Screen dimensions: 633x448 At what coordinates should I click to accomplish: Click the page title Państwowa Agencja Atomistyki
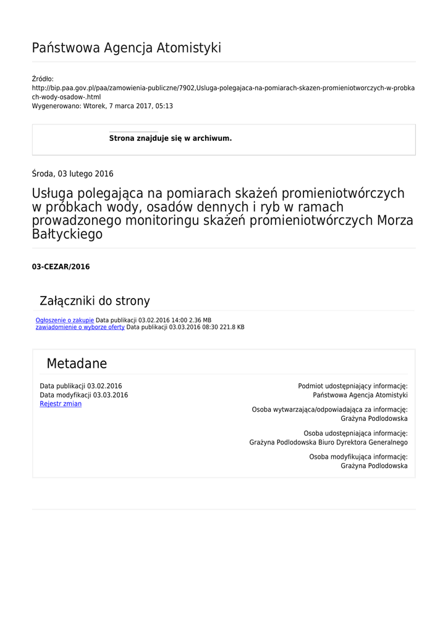tap(126, 48)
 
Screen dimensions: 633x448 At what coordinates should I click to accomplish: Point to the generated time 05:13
tap(164, 106)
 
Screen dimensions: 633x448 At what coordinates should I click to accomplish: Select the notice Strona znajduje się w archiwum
tap(171, 138)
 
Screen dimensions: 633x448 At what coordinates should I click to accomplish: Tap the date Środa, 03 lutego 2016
tap(72, 174)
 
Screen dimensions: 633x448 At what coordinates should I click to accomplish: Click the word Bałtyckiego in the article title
tap(67, 235)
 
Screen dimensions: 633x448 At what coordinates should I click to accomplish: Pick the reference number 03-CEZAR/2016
tap(61, 267)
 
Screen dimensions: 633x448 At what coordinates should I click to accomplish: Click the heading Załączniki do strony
tap(95, 301)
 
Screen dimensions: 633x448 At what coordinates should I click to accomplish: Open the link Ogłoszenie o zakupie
tap(65, 320)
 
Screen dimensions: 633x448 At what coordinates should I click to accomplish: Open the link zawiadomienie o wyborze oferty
tap(80, 327)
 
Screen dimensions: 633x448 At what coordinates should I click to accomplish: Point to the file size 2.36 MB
tap(200, 320)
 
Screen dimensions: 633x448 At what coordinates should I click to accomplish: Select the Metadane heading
tap(77, 363)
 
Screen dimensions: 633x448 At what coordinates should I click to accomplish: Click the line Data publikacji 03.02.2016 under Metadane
tap(81, 386)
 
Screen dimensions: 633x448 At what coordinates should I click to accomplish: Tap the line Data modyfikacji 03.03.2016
tap(84, 395)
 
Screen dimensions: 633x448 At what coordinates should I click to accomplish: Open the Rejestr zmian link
tap(61, 404)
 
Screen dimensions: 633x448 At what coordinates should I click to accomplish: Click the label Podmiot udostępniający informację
tap(352, 386)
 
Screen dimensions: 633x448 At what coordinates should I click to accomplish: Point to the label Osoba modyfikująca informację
tap(358, 457)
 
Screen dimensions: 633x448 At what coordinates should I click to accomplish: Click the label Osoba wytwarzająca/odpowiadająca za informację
tap(329, 410)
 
